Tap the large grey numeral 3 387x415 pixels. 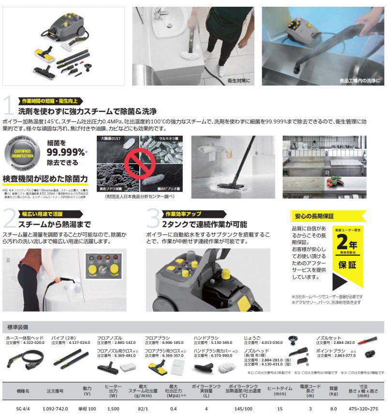(153, 219)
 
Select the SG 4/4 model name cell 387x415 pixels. (23, 408)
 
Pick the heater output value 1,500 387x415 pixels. (113, 408)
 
